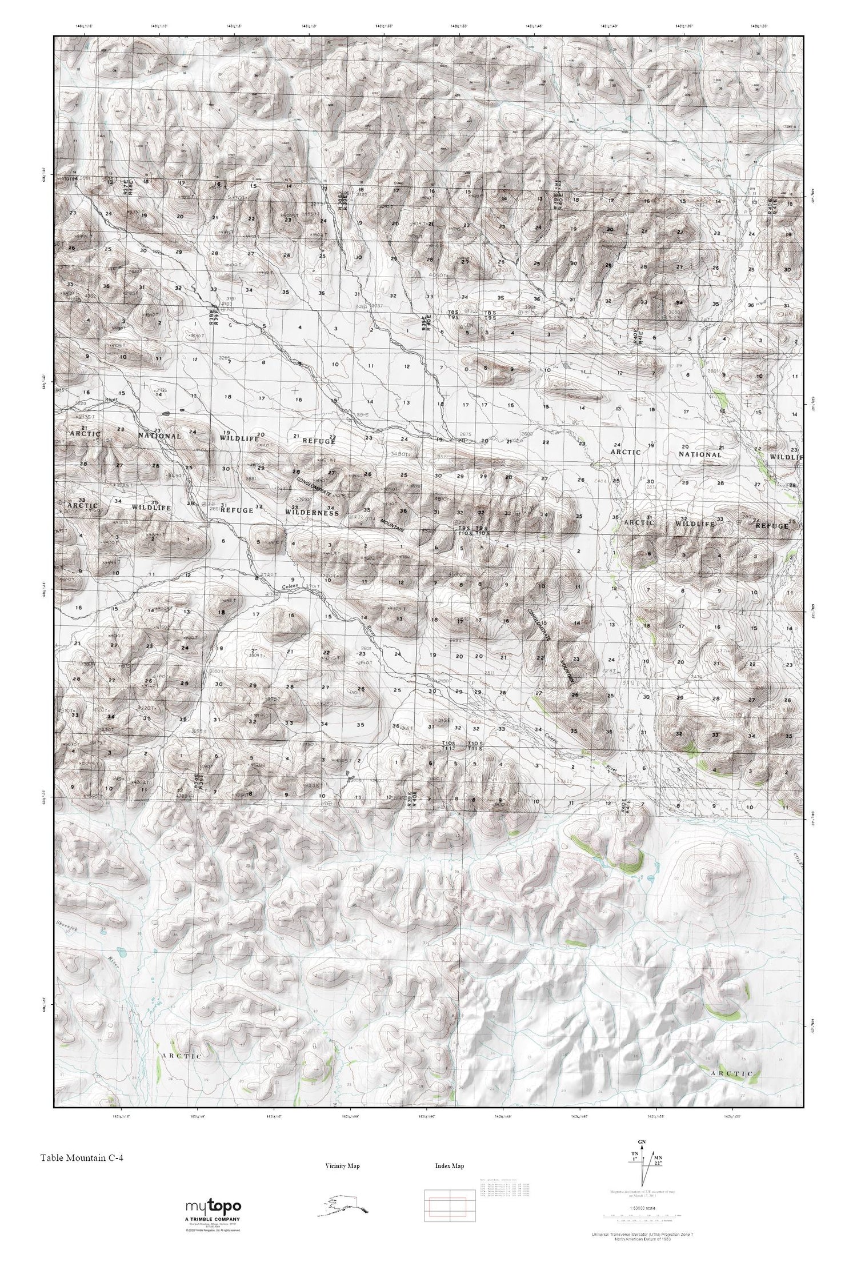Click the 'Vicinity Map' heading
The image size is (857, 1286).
[x=342, y=1166]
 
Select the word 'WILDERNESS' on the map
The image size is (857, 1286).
[x=312, y=513]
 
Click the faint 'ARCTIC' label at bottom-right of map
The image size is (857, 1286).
[x=732, y=1074]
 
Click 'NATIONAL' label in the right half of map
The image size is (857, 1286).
[x=700, y=454]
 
